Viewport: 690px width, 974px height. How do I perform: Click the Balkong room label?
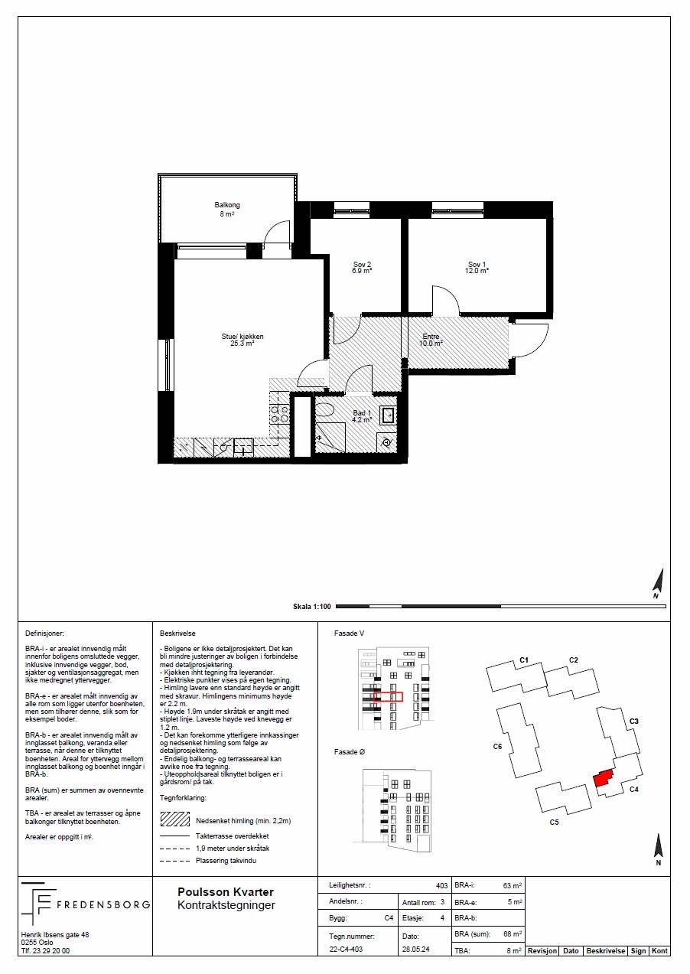pyautogui.click(x=227, y=205)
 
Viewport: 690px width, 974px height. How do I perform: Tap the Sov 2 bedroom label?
pyautogui.click(x=362, y=265)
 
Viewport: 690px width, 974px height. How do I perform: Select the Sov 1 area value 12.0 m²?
pyautogui.click(x=477, y=270)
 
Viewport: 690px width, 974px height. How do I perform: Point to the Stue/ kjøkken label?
pyautogui.click(x=242, y=337)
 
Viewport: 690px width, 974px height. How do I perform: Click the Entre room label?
pyautogui.click(x=431, y=337)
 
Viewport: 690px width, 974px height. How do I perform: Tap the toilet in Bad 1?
pyautogui.click(x=324, y=409)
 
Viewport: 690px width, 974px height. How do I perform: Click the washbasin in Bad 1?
pyautogui.click(x=388, y=415)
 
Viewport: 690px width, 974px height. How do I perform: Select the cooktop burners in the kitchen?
pyautogui.click(x=279, y=414)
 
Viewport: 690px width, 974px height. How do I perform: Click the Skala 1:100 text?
pyautogui.click(x=312, y=607)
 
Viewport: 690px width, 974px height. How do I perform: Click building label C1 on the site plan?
pyautogui.click(x=524, y=660)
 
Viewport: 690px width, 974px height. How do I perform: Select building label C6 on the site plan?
pyautogui.click(x=497, y=746)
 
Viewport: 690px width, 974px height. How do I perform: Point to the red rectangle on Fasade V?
pyautogui.click(x=389, y=696)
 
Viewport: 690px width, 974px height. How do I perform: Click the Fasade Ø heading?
pyautogui.click(x=350, y=752)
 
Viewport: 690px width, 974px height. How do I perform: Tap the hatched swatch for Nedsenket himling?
pyautogui.click(x=175, y=819)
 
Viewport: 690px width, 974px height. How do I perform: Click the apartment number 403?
pyautogui.click(x=441, y=885)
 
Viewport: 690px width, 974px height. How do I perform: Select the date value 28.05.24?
pyautogui.click(x=415, y=950)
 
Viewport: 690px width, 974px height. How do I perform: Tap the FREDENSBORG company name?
pyautogui.click(x=103, y=905)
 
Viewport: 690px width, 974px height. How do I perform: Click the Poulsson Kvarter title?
pyautogui.click(x=226, y=892)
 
